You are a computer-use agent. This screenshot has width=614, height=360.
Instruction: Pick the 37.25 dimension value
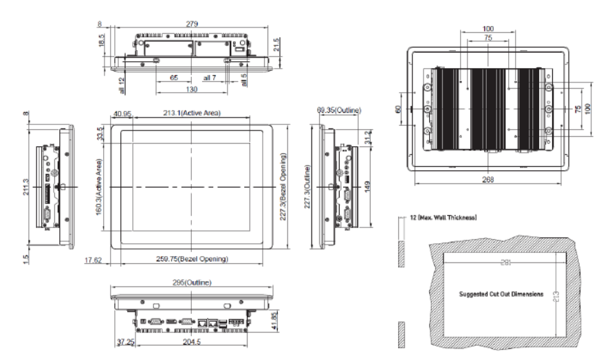(x=124, y=341)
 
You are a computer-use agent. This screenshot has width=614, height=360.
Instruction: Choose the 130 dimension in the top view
(x=183, y=89)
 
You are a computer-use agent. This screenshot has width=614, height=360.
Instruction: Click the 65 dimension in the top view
(x=175, y=78)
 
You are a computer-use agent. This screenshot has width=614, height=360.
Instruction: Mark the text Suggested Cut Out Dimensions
(x=501, y=293)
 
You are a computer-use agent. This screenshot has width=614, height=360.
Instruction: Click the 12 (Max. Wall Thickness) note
(x=439, y=217)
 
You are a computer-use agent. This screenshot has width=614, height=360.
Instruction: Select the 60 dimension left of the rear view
(x=398, y=109)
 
